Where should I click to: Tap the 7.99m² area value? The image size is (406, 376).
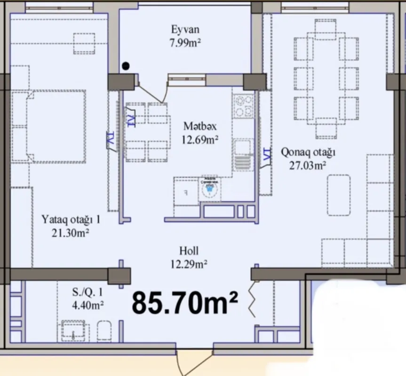185,43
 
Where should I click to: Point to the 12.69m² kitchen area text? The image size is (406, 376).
199,139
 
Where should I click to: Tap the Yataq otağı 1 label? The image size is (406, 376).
71,219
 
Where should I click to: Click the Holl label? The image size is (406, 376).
189,251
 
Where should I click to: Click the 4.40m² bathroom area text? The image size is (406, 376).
88,305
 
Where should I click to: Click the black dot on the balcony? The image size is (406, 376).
126,66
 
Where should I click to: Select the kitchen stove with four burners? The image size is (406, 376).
244,106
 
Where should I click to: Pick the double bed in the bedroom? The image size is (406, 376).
56,126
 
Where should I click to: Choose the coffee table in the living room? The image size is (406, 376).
339,195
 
